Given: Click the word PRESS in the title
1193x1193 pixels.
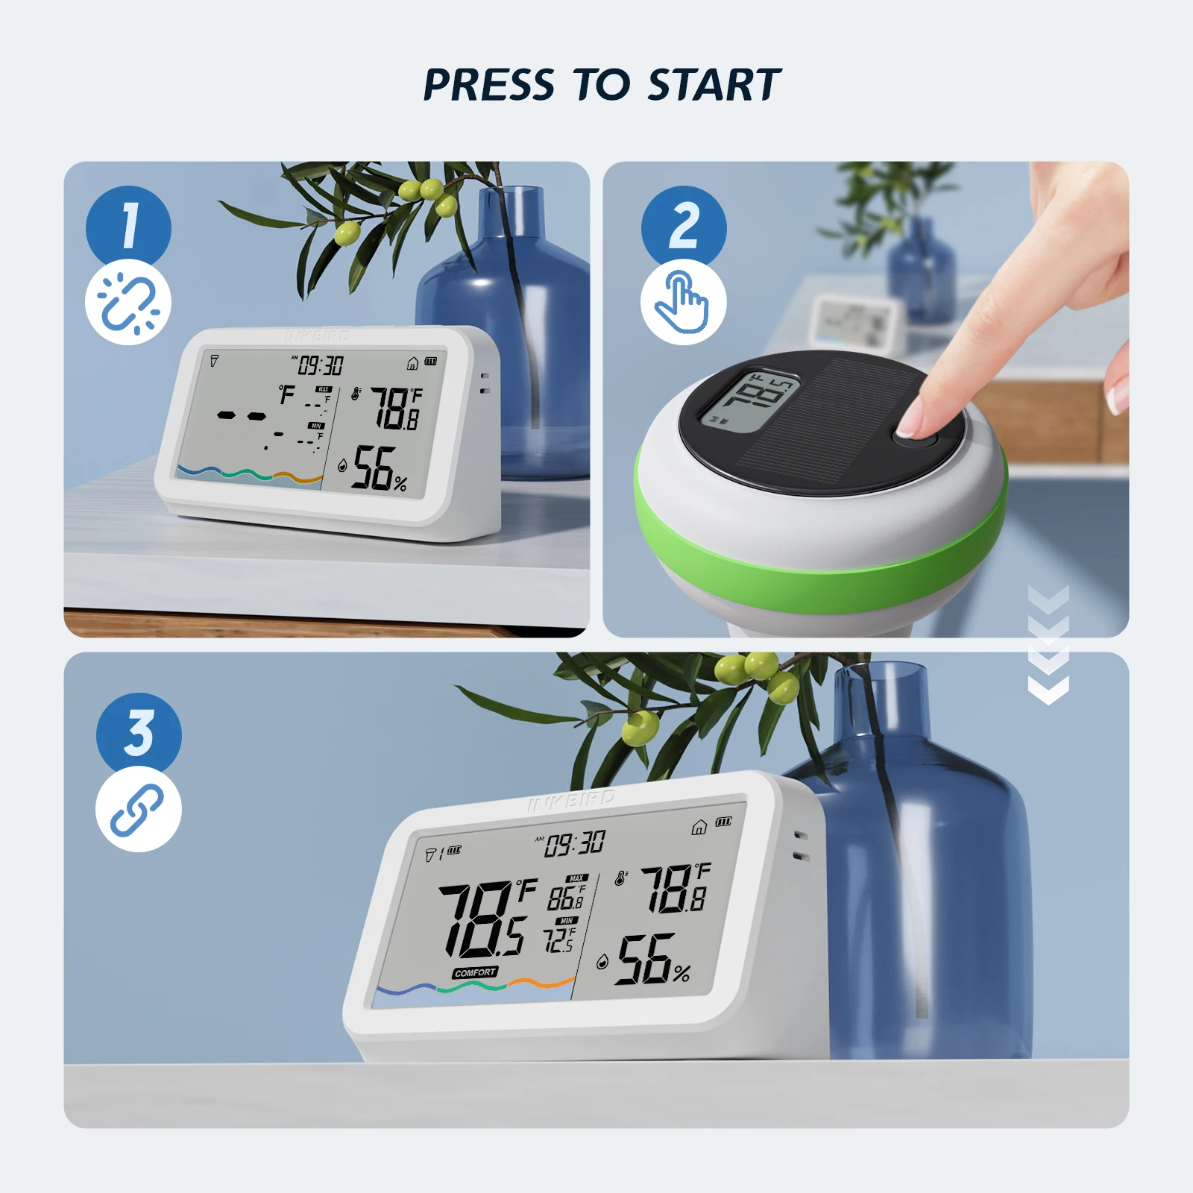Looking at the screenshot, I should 488,84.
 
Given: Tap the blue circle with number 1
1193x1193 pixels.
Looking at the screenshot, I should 128,226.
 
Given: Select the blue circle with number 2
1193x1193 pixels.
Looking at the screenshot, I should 684,226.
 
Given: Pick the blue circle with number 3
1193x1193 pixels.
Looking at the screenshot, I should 139,733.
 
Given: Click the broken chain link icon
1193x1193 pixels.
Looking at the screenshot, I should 128,302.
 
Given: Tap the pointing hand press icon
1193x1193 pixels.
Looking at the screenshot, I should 683,302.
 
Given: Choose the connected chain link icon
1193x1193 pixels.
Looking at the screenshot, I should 138,810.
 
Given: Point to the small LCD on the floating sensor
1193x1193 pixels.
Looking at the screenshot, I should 749,401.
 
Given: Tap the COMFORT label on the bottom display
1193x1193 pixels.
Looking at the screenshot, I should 475,972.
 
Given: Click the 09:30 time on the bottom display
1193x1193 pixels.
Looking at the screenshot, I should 574,844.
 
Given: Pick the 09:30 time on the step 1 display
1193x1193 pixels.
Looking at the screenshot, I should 321,365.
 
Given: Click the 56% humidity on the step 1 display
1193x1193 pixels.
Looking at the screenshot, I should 380,469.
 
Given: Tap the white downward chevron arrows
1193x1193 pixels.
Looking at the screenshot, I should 1048,645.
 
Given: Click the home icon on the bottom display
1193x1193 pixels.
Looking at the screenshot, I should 699,827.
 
